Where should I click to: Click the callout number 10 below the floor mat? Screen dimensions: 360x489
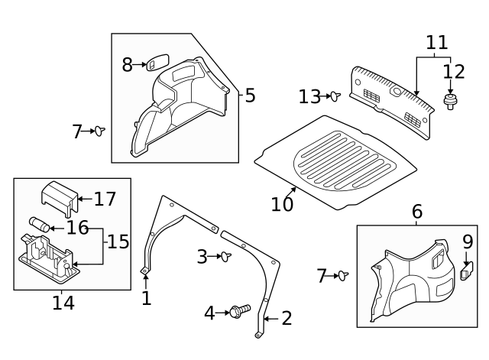point(282,204)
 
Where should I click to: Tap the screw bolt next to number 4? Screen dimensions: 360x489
point(240,311)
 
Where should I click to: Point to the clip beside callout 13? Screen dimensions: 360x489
point(334,96)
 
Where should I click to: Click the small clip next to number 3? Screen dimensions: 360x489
point(226,257)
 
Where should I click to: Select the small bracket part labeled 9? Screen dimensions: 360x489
point(467,270)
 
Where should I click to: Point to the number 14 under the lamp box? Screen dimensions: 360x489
point(63,303)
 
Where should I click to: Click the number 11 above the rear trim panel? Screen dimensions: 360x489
point(436,42)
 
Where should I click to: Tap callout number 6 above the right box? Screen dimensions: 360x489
point(417,212)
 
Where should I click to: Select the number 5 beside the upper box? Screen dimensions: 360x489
point(250,96)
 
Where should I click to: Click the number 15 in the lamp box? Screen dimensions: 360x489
point(118,242)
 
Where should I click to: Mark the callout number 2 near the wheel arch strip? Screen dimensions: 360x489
point(287,319)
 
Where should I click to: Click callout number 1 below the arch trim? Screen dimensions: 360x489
point(146,298)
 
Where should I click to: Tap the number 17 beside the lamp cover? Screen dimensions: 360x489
point(105,199)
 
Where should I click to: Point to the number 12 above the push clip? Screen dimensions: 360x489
point(454,71)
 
